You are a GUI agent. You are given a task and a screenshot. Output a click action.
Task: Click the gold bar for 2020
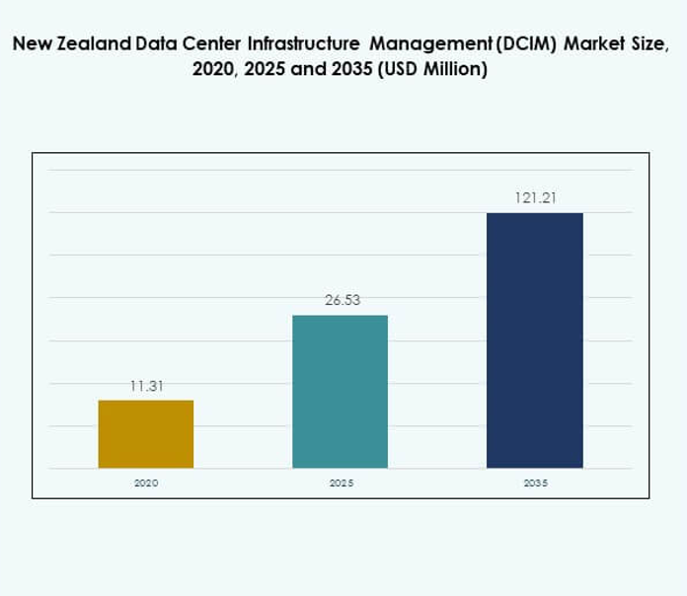[x=146, y=434]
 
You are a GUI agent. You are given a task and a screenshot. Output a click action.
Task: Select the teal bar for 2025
[x=341, y=392]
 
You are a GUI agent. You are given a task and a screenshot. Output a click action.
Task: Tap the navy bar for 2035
[x=535, y=340]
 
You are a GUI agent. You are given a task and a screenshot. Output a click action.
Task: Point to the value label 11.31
[x=146, y=386]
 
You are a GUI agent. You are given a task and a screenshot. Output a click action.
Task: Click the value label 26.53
[x=342, y=300]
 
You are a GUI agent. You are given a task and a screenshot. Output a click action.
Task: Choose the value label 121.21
[x=535, y=197]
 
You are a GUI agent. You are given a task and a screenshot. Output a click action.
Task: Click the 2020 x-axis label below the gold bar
[x=146, y=484]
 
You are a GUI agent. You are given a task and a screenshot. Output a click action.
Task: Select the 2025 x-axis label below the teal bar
[x=341, y=484]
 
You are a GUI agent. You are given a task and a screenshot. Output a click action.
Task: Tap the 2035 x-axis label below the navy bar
[x=536, y=484]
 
